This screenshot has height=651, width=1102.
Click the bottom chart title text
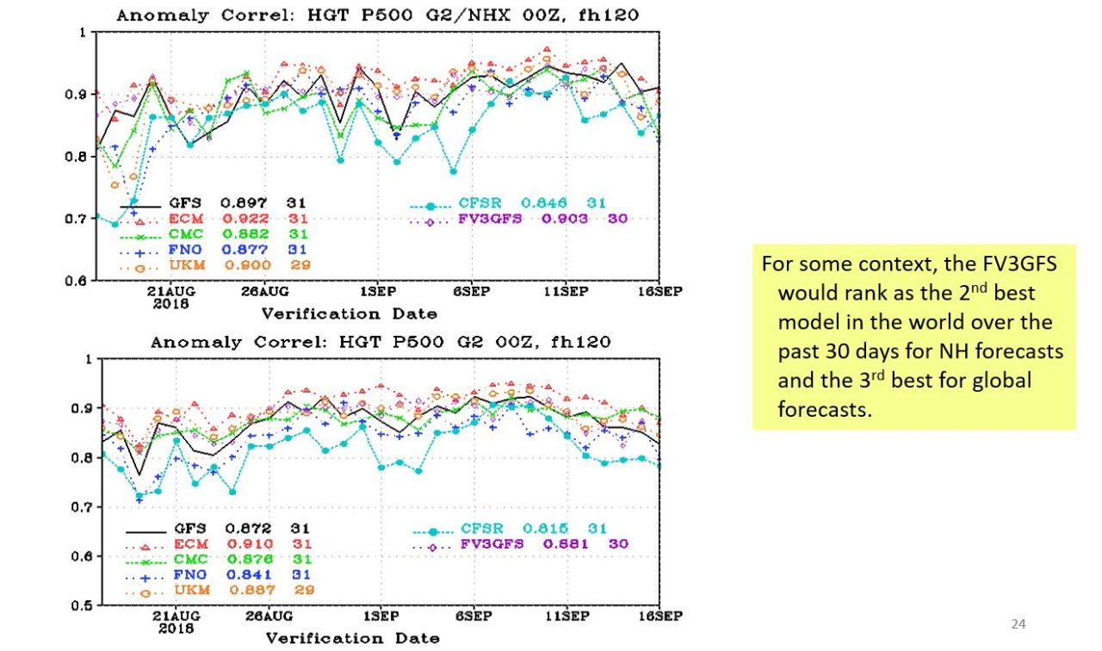click(381, 342)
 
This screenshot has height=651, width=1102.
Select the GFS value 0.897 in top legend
click(244, 202)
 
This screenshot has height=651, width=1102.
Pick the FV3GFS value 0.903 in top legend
click(565, 219)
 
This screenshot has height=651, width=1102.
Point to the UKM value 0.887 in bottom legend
click(252, 589)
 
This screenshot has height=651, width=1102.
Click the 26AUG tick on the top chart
click(263, 291)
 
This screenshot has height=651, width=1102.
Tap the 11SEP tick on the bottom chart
click(566, 617)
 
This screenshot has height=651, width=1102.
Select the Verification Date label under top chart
click(349, 313)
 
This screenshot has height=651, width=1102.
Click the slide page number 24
click(1018, 624)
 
